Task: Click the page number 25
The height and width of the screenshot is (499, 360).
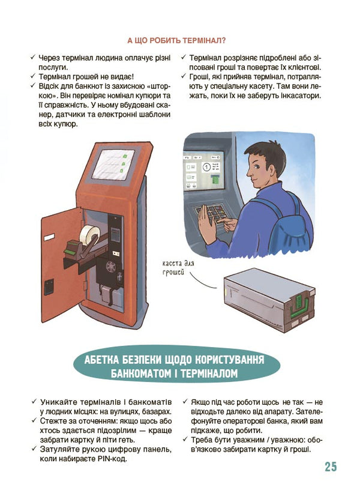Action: point(330,467)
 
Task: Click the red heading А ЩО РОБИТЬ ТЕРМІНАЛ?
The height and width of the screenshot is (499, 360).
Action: point(176,41)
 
